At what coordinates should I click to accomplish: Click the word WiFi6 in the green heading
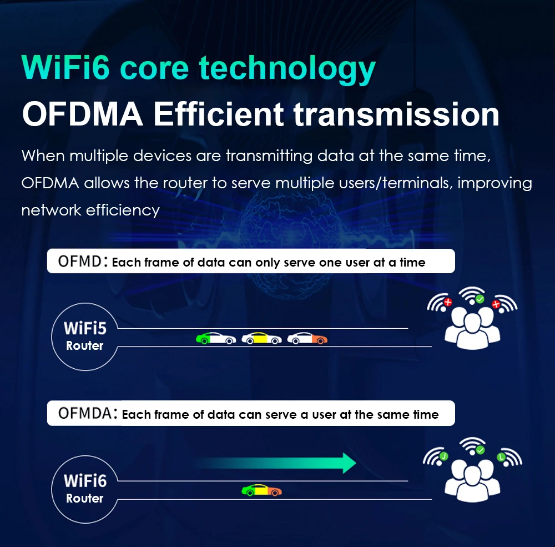[65, 67]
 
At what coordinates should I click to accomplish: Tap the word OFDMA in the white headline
[83, 114]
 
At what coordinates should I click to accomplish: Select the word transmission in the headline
[396, 114]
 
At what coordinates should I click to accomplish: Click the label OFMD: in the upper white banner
[83, 262]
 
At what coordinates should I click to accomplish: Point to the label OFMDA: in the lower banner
[88, 413]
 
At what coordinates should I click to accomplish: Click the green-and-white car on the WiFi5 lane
[216, 338]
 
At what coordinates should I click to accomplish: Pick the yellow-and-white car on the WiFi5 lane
[261, 338]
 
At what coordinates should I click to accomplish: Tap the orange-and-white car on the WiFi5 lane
[307, 338]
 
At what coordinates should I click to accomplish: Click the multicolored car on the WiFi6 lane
[261, 490]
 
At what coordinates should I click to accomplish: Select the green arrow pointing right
[276, 463]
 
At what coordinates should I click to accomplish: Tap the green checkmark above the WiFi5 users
[480, 299]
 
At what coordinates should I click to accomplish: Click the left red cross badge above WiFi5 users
[448, 302]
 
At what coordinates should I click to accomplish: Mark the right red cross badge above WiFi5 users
[496, 304]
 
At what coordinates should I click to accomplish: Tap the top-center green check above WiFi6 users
[480, 450]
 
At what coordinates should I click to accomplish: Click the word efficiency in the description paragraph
[123, 210]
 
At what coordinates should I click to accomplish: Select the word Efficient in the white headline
[218, 114]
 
